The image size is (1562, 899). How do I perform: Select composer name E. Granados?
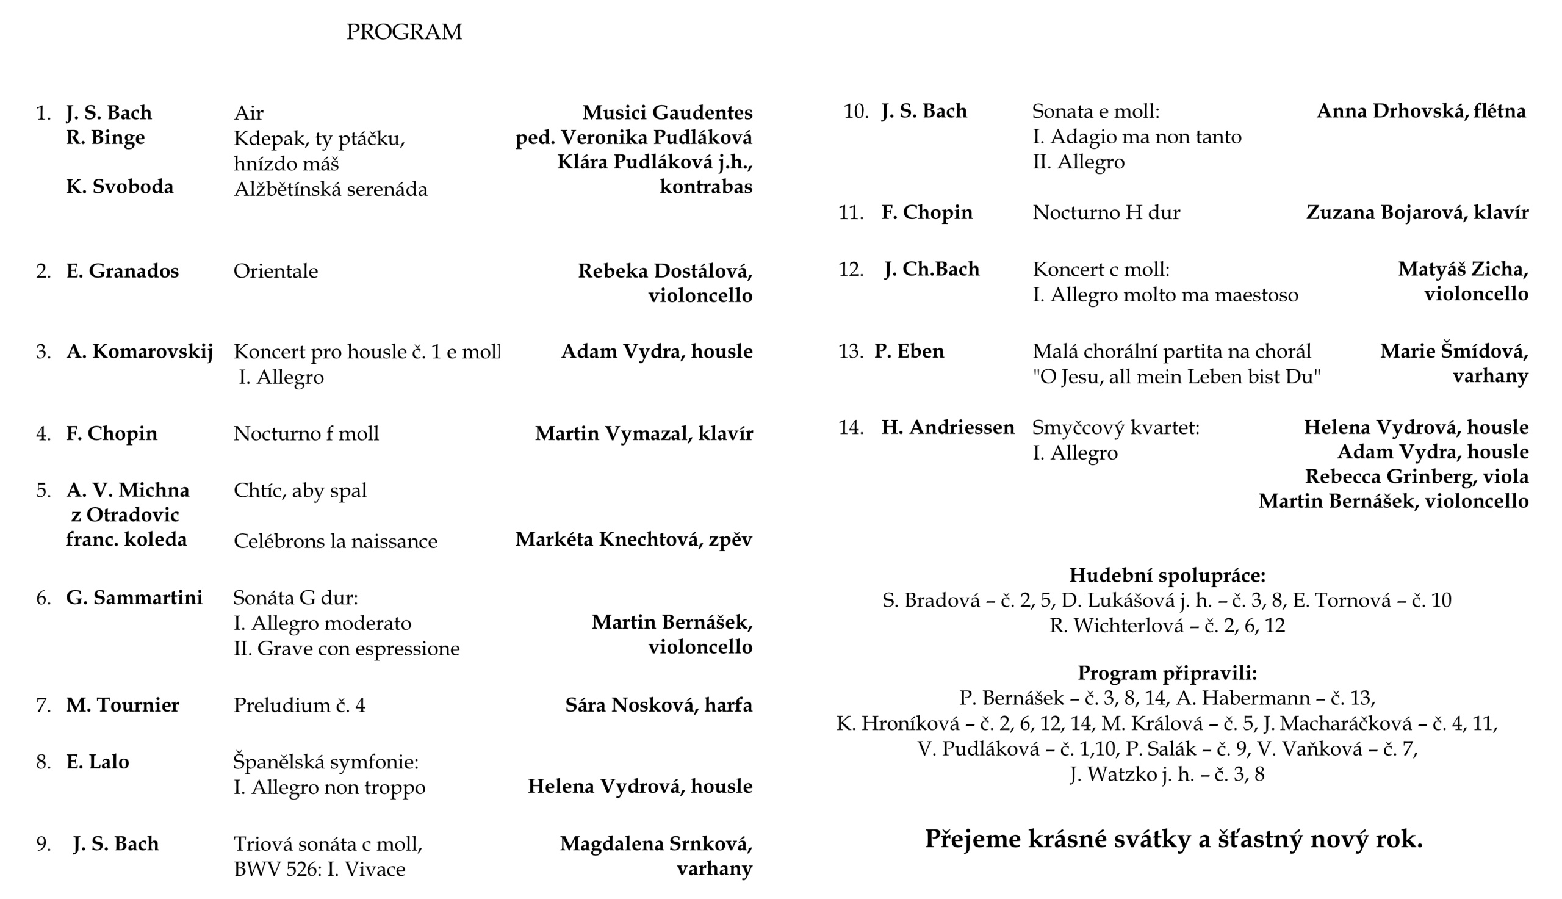[x=122, y=271]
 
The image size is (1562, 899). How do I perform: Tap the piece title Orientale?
[x=275, y=271]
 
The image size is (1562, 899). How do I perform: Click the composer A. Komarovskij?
[x=140, y=352]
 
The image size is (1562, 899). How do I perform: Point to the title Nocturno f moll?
[x=306, y=433]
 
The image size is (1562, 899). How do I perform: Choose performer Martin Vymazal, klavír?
[x=643, y=433]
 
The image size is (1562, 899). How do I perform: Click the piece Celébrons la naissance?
[x=335, y=541]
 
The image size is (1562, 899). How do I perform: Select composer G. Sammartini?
[x=134, y=598]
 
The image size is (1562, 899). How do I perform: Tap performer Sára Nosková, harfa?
[x=658, y=705]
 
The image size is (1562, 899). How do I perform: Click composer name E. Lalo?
[x=98, y=762]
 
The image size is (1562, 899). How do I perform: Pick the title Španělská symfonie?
[x=325, y=762]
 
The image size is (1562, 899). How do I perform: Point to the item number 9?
[x=43, y=844]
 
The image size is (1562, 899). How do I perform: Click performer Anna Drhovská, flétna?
[x=1420, y=111]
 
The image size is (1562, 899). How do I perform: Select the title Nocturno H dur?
[x=1106, y=213]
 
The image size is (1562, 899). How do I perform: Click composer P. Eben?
[x=909, y=352]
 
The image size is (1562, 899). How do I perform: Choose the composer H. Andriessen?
[x=948, y=427]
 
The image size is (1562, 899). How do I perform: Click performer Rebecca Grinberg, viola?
[x=1416, y=477]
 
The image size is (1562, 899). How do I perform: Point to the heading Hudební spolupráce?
[x=1167, y=576]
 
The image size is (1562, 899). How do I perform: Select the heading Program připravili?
[x=1167, y=673]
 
